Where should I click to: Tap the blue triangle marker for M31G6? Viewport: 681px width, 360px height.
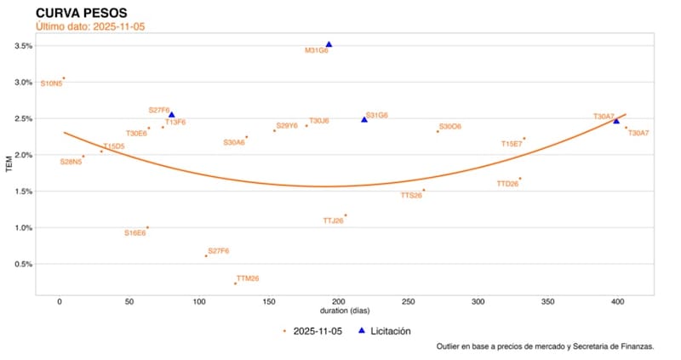329,44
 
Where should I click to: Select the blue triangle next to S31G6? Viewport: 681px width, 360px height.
364,119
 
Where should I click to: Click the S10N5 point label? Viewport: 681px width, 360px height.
51,83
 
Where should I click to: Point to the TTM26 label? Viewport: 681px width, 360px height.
248,278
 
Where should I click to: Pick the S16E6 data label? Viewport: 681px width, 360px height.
134,232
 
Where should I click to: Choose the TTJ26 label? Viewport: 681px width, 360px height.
333,220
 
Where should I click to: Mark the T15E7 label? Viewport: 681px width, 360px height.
512,144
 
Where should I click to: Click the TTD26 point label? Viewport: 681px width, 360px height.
507,183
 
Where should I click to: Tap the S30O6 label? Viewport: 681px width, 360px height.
450,126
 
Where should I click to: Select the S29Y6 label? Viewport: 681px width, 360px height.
287,125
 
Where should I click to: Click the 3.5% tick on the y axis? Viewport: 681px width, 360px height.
23,46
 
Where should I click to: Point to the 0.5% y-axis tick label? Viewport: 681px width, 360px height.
23,264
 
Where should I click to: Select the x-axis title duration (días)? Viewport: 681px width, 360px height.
344,311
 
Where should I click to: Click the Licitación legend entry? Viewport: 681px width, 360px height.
391,330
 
